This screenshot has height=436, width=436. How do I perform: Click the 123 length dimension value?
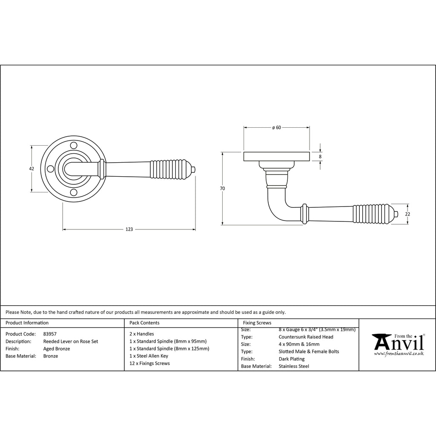tap(129, 229)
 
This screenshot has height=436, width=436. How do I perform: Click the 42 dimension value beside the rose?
tap(32, 169)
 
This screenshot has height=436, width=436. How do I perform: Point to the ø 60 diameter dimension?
tap(276, 128)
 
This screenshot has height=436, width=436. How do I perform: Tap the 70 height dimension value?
tap(222, 189)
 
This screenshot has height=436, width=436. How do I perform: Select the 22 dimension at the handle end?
tap(407, 214)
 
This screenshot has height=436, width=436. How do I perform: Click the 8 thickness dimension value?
tap(320, 157)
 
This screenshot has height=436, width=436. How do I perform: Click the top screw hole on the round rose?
tap(74, 145)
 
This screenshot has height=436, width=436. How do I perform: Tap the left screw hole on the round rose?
tap(50, 169)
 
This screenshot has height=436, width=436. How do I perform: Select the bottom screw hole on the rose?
tap(74, 192)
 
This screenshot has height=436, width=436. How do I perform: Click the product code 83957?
tap(50, 334)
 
